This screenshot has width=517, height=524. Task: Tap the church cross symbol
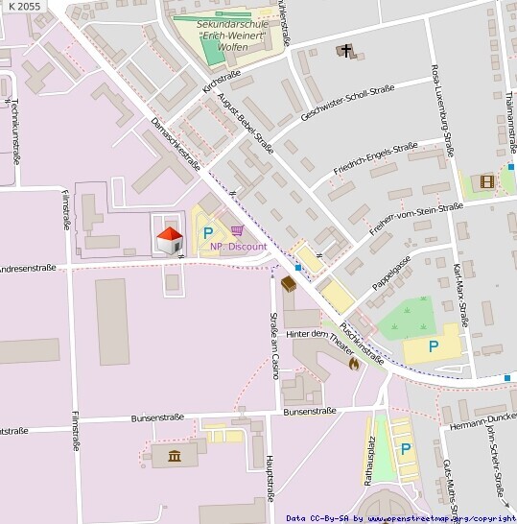coord(344,51)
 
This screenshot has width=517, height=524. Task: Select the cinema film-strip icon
coord(486,180)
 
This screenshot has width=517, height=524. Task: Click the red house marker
coord(170,238)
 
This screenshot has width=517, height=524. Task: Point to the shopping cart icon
coord(236,231)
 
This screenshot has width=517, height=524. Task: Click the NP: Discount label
coord(239,247)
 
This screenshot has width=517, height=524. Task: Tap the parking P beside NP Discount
coord(207,231)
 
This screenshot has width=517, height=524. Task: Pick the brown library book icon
coord(288,282)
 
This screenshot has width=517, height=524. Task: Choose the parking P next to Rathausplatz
coord(405,448)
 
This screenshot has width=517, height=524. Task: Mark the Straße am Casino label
coord(273,345)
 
